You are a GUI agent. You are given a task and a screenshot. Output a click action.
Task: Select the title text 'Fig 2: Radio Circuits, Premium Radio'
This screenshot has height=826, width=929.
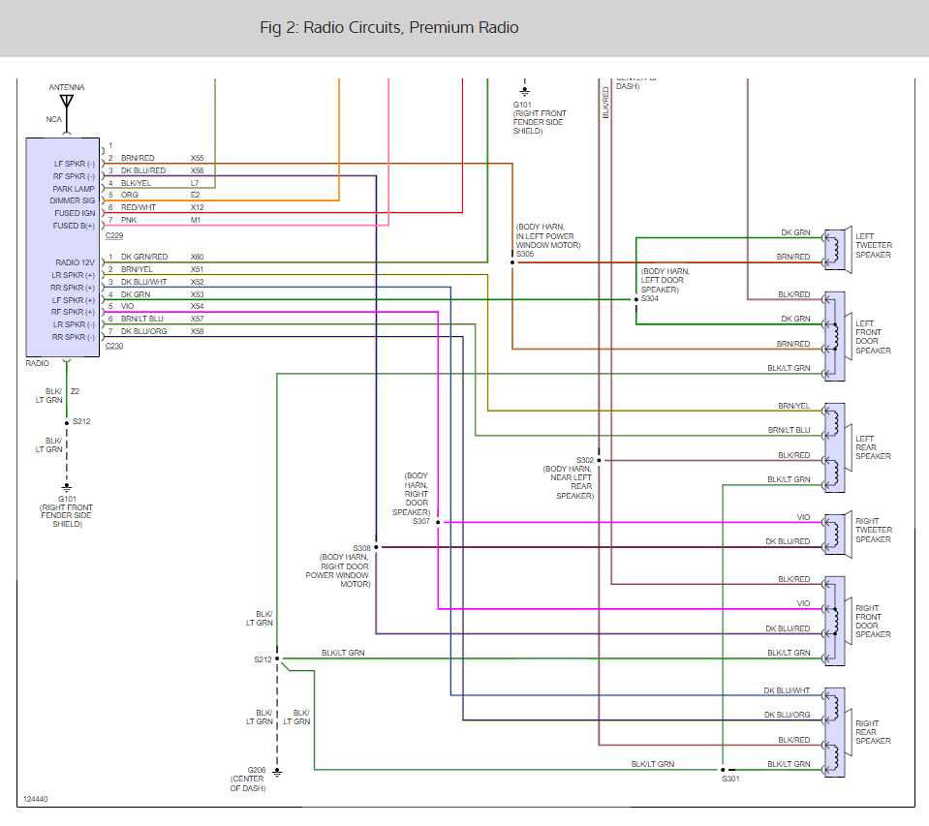pos(388,27)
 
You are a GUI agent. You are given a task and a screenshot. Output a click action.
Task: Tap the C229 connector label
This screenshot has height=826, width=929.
pos(115,234)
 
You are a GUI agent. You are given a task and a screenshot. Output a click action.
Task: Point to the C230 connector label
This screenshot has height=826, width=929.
pos(115,345)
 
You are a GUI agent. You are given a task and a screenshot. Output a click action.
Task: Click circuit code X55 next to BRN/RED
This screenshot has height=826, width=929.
pos(197,158)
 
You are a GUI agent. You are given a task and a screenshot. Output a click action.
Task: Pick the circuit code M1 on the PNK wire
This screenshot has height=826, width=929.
pos(195,220)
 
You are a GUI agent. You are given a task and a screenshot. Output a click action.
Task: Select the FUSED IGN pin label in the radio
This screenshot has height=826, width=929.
pos(75,213)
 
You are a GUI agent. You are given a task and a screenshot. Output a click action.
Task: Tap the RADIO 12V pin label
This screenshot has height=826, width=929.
pos(75,262)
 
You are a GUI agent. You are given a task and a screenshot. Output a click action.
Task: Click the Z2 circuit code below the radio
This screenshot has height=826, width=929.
pos(75,391)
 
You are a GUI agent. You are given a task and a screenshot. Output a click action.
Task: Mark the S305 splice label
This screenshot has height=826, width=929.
pos(525,254)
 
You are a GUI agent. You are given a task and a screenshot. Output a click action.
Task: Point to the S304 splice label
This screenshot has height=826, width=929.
pos(649,298)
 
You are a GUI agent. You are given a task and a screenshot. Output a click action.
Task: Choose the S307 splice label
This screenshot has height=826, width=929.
pos(420,521)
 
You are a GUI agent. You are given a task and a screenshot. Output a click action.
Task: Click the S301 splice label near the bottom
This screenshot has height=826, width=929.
pos(729,778)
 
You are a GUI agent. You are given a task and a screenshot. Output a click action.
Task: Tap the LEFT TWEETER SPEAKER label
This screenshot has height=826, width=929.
pos(873,245)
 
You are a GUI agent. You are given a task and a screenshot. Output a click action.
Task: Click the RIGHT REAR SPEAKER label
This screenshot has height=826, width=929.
pos(867,732)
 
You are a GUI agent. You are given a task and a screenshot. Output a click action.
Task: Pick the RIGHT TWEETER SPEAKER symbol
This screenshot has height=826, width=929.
pos(834,532)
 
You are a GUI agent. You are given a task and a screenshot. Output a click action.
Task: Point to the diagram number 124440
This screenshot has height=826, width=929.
pos(34,800)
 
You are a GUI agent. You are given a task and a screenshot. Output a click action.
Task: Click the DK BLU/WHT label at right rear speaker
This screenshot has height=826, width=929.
pos(786,690)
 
